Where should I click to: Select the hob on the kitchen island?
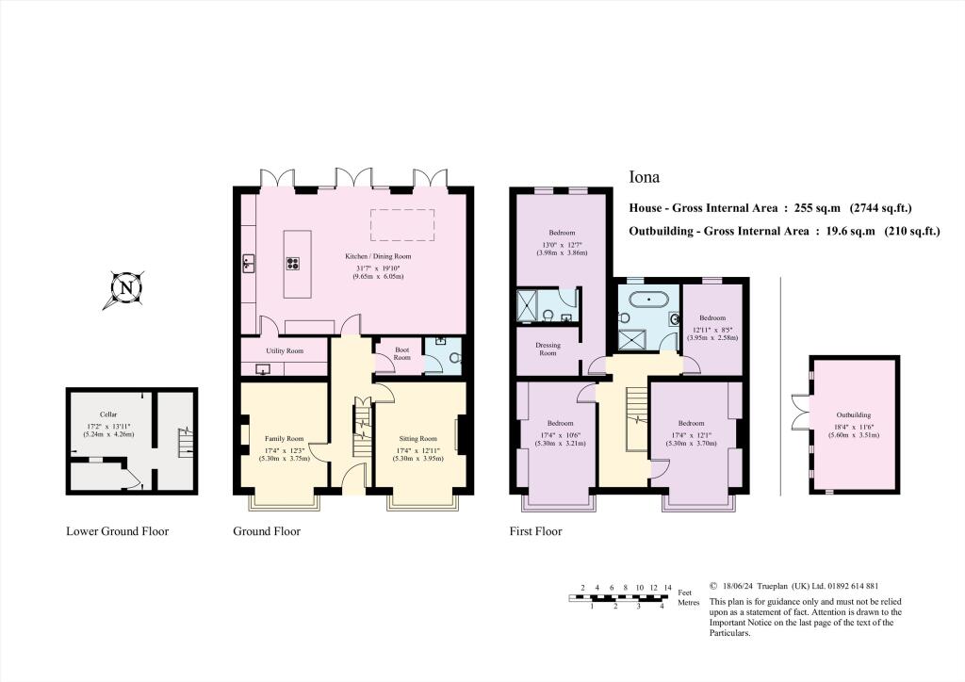click(292, 265)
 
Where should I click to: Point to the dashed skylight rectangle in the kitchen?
click(402, 225)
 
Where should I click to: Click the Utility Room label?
click(284, 350)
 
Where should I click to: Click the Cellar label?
click(108, 414)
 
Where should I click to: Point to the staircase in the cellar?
click(185, 441)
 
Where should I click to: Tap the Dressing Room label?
click(548, 349)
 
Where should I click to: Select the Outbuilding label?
click(853, 414)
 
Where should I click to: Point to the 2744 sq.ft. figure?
click(880, 208)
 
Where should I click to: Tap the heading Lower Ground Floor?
click(117, 531)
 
